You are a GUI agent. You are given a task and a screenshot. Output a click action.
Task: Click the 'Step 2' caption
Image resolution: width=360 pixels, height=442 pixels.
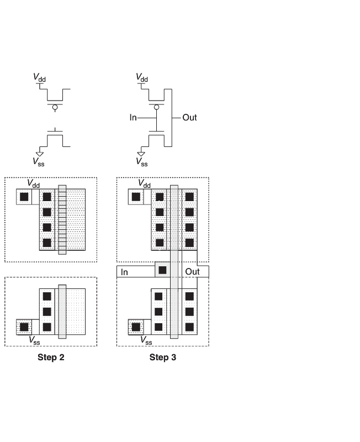point(51,357)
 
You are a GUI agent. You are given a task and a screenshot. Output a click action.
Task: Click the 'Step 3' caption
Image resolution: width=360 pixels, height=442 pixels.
point(163,357)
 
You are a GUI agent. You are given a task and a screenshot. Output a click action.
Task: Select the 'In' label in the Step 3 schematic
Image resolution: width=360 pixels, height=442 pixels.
point(133,117)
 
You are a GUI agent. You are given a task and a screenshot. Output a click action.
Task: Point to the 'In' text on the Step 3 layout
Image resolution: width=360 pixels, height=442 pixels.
point(125,272)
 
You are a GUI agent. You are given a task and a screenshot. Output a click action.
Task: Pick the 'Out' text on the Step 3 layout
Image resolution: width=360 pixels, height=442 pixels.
point(193,272)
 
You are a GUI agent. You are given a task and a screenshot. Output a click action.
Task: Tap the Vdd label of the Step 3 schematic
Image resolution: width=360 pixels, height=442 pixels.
point(142,78)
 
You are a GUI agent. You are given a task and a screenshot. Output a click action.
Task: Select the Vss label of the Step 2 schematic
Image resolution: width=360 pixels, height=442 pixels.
point(38,162)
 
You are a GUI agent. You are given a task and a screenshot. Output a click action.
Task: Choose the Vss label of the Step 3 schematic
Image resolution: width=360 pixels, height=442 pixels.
point(142,162)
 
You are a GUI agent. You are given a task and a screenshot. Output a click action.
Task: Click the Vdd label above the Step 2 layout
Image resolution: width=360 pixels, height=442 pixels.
point(34,183)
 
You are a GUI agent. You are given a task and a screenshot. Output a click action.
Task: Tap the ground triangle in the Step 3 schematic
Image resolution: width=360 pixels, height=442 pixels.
point(142,154)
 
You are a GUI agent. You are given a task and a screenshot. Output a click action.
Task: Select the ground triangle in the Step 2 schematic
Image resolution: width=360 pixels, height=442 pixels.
point(39,154)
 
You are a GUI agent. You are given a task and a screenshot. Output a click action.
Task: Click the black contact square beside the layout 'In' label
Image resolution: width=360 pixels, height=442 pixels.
point(162,270)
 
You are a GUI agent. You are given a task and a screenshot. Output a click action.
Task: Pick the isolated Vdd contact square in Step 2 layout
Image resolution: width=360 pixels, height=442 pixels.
point(24,196)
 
